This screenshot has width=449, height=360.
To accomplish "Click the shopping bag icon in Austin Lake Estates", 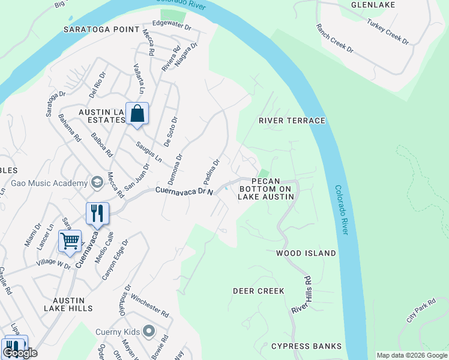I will click(x=137, y=113).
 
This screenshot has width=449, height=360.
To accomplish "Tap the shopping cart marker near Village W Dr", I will click(x=70, y=241).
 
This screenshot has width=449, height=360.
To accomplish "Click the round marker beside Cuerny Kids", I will click(x=149, y=332).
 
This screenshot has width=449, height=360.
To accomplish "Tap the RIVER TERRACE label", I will click(x=292, y=121).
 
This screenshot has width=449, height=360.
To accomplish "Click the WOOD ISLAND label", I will click(x=306, y=253).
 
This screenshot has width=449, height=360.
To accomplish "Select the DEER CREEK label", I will click(x=258, y=291).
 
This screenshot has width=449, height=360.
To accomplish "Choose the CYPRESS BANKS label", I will click(x=306, y=346).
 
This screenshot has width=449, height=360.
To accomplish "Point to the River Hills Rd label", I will click(x=301, y=294).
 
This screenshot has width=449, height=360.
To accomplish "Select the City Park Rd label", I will click(x=420, y=315).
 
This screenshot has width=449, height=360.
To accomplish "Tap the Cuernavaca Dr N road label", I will click(x=184, y=191).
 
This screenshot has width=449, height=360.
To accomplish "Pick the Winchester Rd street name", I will click(x=149, y=306).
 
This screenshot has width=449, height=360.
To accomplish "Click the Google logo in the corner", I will click(x=20, y=353).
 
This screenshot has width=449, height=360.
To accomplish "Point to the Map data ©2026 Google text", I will click(x=411, y=355).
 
